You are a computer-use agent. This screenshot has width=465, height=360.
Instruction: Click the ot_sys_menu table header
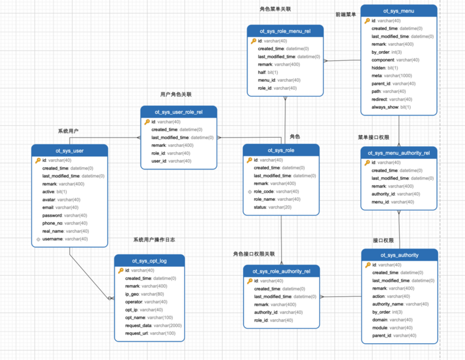(x=398, y=10)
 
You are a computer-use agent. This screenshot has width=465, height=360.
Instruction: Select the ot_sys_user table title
(x=70, y=150)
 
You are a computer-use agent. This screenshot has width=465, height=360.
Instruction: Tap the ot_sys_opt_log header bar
(x=149, y=261)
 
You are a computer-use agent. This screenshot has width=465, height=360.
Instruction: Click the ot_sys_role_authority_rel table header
(x=281, y=271)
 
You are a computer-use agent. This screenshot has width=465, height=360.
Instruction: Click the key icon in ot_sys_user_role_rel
(x=146, y=122)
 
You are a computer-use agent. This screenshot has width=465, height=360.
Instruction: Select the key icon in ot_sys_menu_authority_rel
(x=367, y=163)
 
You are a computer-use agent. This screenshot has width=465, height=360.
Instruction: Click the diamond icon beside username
(x=38, y=239)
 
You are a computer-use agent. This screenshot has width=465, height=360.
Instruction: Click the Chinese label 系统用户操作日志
(x=154, y=239)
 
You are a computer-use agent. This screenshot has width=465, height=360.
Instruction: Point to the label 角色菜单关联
(x=275, y=9)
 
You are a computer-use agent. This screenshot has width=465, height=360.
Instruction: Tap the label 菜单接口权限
(x=373, y=138)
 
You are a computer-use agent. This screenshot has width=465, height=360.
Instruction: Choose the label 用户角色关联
(x=176, y=94)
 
